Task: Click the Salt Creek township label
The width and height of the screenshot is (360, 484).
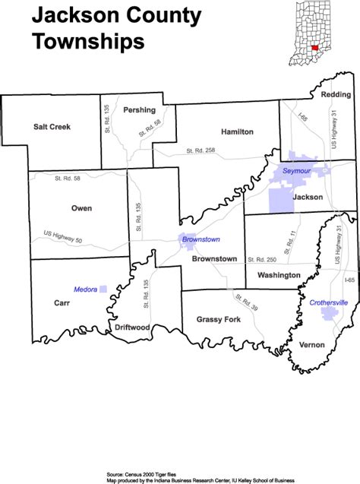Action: (52, 127)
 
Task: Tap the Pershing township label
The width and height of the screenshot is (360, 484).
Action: (139, 110)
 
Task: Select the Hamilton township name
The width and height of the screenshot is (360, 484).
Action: (237, 131)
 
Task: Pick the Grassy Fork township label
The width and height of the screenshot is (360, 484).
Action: (218, 319)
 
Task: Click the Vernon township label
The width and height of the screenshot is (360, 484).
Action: (311, 345)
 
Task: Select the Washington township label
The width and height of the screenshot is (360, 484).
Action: (279, 274)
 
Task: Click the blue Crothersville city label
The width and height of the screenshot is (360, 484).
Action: (329, 302)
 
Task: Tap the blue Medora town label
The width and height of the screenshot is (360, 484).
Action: (84, 289)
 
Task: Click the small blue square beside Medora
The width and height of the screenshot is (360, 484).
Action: (103, 289)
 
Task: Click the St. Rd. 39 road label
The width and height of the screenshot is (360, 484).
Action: (246, 302)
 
